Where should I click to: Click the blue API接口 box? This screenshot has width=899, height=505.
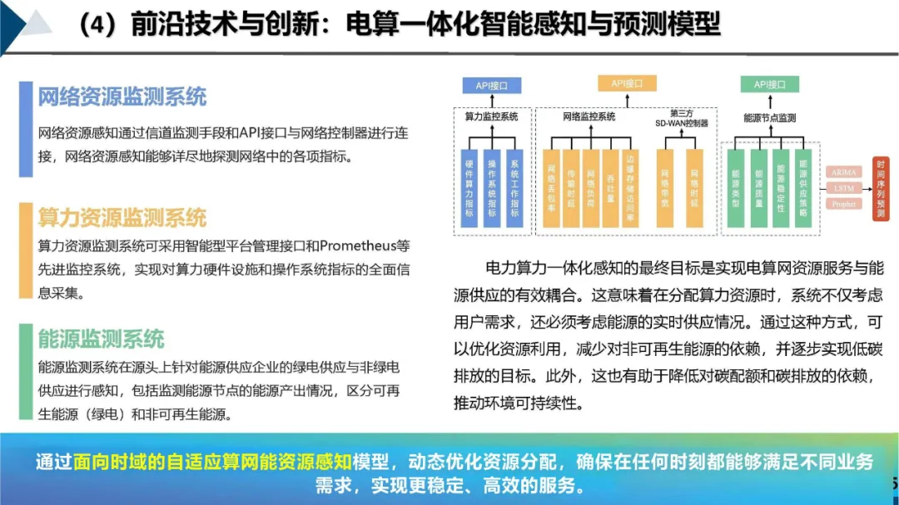click(x=492, y=85)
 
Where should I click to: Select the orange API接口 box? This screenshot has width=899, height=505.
click(x=627, y=83)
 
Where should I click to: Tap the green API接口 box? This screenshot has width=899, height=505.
click(x=770, y=84)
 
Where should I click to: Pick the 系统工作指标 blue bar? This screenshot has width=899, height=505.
click(x=514, y=188)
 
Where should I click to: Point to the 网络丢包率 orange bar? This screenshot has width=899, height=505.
click(x=550, y=188)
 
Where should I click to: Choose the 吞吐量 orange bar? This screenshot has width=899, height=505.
click(x=611, y=188)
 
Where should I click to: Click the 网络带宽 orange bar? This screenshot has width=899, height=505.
click(x=665, y=188)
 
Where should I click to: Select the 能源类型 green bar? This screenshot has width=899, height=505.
click(x=736, y=188)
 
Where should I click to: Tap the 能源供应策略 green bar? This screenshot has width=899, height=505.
click(x=802, y=188)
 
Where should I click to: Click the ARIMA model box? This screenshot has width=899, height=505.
click(x=843, y=172)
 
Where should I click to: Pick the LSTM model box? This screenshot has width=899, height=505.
click(x=843, y=188)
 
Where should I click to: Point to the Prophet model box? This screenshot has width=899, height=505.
click(x=843, y=204)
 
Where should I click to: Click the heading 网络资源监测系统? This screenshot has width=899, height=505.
click(x=122, y=97)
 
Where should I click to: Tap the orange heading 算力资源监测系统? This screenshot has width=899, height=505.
click(x=122, y=218)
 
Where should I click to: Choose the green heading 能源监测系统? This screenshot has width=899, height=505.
click(x=102, y=339)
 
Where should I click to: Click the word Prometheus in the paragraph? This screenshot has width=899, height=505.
click(x=358, y=246)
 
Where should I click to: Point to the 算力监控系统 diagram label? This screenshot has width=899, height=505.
click(x=491, y=117)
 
